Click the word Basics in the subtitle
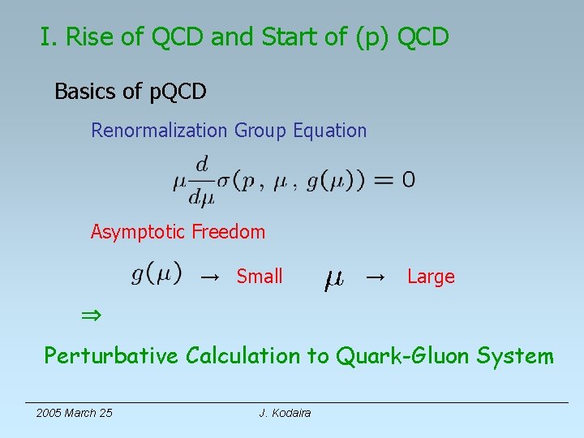pos(85,92)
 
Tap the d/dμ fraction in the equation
pos(201,181)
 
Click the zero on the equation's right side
pos(408,180)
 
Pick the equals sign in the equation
pos(381,180)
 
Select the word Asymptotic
pos(138,232)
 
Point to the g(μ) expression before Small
pos(157,274)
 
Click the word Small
pos(260,277)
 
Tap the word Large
pos(431,277)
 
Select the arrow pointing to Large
pos(375,277)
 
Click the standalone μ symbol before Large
pos(333,280)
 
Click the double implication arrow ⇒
pos(88,314)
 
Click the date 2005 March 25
pos(74,413)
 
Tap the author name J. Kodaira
pos(285,413)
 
